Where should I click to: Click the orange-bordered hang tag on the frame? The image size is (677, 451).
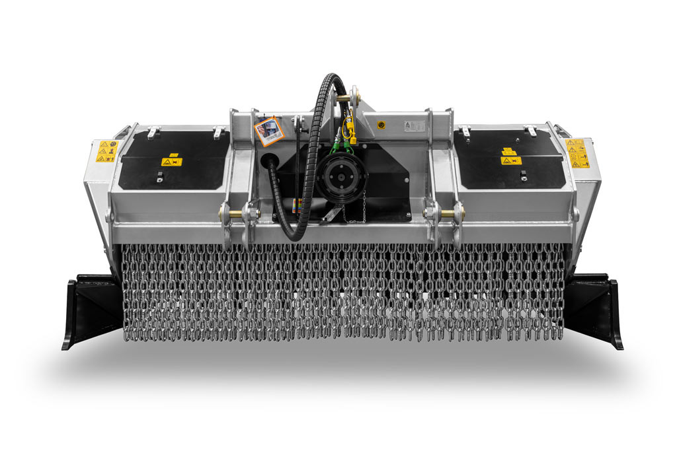click(x=269, y=131)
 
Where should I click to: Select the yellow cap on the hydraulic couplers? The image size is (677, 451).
click(x=352, y=139)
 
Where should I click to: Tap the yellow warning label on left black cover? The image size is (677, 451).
click(x=171, y=162)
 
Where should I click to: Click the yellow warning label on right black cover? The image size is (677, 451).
click(x=510, y=160)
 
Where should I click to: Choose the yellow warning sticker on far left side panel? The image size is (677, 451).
click(x=105, y=151)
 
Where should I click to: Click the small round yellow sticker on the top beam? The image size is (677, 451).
click(x=381, y=125)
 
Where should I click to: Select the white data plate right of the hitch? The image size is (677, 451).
click(x=414, y=125)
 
